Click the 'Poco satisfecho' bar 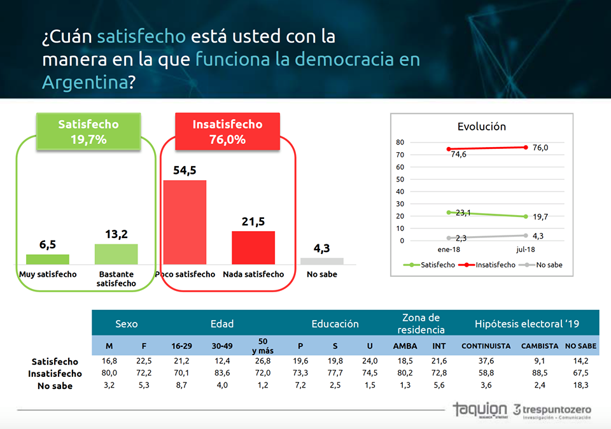point(185,222)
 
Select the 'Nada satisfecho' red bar point(253,248)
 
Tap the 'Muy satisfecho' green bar point(48,259)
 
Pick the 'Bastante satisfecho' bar point(116,254)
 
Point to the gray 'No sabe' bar point(322,261)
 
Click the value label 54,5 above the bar point(185,171)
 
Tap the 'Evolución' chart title point(482,126)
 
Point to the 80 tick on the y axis point(400,143)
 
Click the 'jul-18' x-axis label point(526,250)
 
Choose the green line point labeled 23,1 point(449,213)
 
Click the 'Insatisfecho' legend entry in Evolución point(488,265)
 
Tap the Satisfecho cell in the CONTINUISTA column point(486,362)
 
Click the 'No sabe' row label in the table point(55,386)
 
